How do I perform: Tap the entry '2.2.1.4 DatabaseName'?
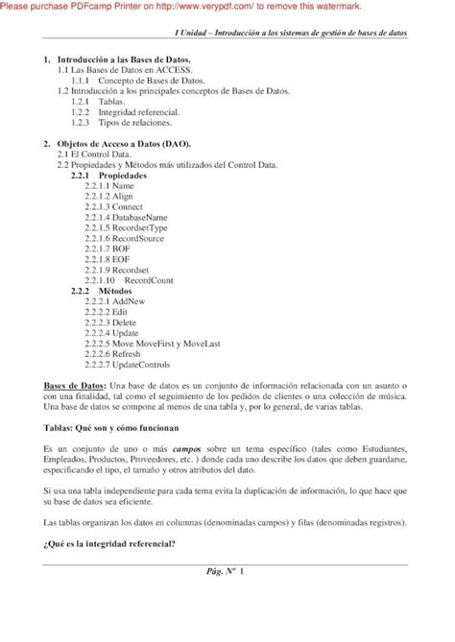pyautogui.click(x=124, y=217)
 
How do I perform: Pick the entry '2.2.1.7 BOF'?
pyautogui.click(x=106, y=249)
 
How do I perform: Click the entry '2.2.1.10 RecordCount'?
pyautogui.click(x=123, y=280)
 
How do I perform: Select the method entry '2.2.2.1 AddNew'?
pyautogui.click(x=114, y=302)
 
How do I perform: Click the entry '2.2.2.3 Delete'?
pyautogui.click(x=111, y=322)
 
